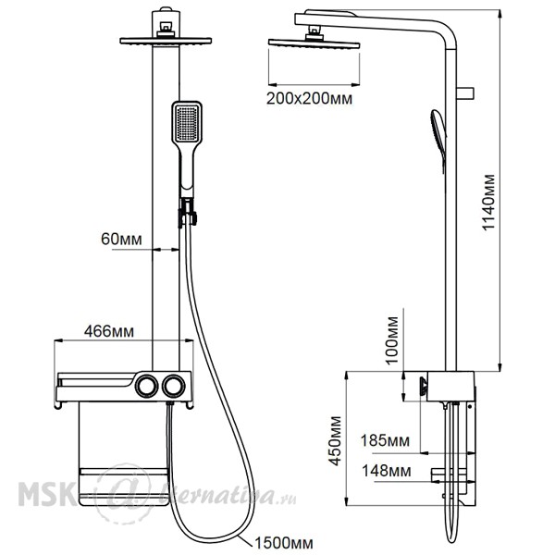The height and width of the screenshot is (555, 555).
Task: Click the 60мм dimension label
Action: point(121,240)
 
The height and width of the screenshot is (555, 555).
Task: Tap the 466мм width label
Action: point(109,332)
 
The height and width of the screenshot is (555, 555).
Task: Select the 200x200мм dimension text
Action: point(309,98)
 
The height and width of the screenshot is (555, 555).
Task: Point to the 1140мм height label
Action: point(488,202)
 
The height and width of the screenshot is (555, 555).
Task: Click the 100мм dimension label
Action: point(392,340)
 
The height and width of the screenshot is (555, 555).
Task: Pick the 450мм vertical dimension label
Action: point(335,440)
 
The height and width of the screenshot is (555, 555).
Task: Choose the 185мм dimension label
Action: point(385,441)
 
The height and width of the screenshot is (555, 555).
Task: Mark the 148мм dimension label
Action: point(386,471)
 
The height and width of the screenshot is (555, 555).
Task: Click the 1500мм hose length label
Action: point(284,543)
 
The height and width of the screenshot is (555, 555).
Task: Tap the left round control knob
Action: point(146,386)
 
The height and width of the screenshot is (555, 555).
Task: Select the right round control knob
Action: point(174,386)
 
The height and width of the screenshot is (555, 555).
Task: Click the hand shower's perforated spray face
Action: point(187,123)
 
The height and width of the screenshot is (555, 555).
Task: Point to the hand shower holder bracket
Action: point(187,212)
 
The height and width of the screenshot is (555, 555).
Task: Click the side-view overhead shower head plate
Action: point(314,43)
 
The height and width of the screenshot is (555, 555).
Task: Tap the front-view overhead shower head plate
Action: point(166,41)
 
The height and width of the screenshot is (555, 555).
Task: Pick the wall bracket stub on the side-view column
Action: point(465,93)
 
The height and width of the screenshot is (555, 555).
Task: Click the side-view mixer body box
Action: point(450,386)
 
